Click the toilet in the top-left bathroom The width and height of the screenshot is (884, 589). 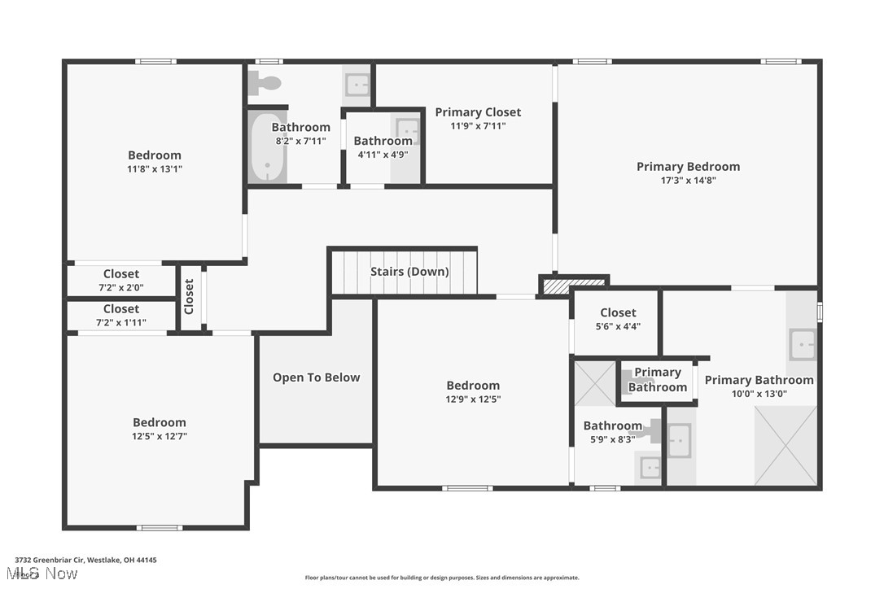pyautogui.click(x=265, y=82)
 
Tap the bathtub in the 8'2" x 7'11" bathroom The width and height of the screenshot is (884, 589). pyautogui.click(x=266, y=147)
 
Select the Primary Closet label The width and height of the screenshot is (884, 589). pyautogui.click(x=478, y=112)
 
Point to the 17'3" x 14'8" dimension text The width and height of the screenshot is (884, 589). pyautogui.click(x=688, y=181)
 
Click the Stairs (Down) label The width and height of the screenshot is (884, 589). pyautogui.click(x=409, y=272)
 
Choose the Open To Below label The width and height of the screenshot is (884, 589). pyautogui.click(x=316, y=377)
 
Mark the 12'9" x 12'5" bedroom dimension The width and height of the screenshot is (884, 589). pyautogui.click(x=473, y=399)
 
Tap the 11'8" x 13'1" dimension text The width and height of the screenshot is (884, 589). pyautogui.click(x=155, y=169)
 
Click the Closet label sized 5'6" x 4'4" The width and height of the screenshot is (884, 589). pyautogui.click(x=618, y=312)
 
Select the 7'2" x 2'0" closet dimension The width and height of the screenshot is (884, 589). pyautogui.click(x=120, y=288)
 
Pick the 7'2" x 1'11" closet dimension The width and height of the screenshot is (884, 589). pyautogui.click(x=120, y=323)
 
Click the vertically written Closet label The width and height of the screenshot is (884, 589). pyautogui.click(x=190, y=297)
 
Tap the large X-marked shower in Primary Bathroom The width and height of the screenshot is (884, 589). pyautogui.click(x=786, y=445)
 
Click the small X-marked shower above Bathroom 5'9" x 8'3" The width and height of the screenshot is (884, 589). pyautogui.click(x=594, y=383)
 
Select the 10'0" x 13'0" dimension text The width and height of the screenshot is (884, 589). pyautogui.click(x=759, y=394)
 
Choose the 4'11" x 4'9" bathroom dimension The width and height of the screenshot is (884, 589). pyautogui.click(x=383, y=155)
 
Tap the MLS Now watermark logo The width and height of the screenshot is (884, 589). pyautogui.click(x=46, y=574)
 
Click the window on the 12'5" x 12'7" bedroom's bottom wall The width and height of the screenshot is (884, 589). pyautogui.click(x=159, y=528)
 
